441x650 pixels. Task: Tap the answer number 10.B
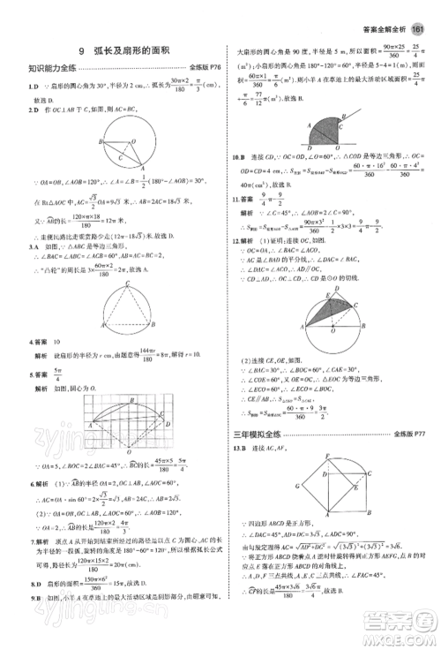(x=238, y=156)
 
